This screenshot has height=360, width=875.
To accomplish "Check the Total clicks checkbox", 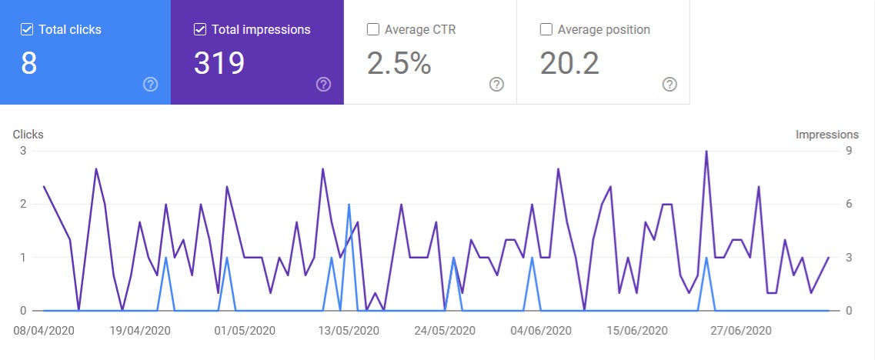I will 27,30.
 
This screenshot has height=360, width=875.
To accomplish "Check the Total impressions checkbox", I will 200,30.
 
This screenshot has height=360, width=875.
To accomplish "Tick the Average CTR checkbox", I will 373,30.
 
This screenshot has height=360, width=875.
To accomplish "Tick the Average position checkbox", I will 546,30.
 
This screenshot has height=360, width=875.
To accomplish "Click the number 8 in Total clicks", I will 29,64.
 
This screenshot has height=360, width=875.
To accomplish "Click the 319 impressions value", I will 219,64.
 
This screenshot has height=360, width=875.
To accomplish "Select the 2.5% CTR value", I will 399,64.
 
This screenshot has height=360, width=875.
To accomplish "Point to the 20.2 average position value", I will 569,64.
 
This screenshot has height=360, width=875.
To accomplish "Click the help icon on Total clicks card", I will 151,85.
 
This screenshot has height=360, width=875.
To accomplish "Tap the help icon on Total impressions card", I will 324,85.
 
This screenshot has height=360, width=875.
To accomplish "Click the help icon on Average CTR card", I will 497,85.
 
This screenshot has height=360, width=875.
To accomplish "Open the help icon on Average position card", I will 670,85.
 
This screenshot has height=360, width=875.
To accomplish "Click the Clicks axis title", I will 28,135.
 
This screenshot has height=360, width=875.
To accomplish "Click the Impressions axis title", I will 827,135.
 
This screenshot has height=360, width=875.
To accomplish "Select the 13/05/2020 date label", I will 348,331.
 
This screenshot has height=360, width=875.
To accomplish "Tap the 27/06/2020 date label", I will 740,331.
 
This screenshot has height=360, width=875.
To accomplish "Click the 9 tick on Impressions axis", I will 849,151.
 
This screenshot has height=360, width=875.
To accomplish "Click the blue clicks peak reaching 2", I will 349,205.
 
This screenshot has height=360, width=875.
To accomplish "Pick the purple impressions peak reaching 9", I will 706,152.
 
